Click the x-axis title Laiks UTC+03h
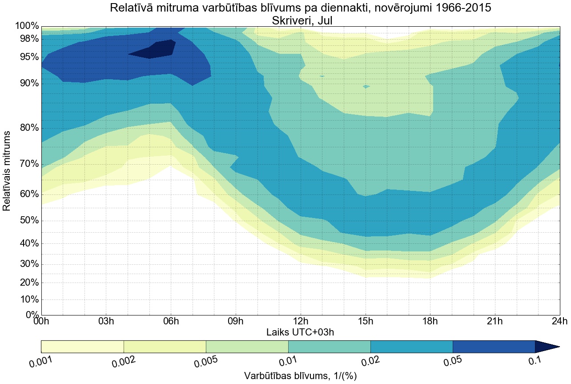(x=300, y=332)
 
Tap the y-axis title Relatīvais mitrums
(x=8, y=171)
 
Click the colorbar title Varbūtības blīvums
(x=300, y=376)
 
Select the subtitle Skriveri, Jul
(x=300, y=20)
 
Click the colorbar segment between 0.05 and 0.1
(x=494, y=347)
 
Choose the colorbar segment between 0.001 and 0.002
(x=82, y=347)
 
